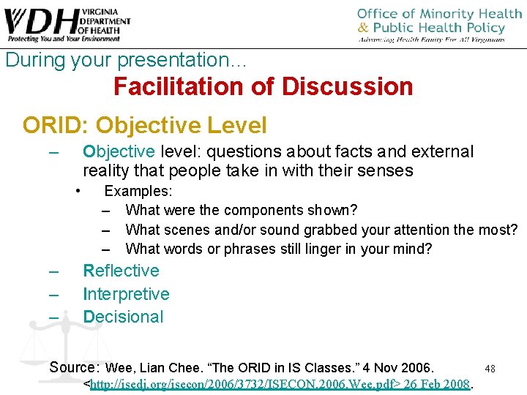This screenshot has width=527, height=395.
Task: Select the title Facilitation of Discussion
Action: coord(263,87)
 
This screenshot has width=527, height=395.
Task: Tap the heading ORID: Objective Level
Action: coord(144,125)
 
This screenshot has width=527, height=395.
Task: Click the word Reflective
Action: coord(121,271)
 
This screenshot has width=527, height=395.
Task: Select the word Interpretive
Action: coord(126,294)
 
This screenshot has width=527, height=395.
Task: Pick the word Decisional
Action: coord(123,317)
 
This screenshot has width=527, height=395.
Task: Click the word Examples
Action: coord(138,192)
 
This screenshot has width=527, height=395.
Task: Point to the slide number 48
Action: coord(490,369)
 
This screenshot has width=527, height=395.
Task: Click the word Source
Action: coord(75,366)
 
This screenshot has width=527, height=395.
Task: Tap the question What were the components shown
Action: coord(242,211)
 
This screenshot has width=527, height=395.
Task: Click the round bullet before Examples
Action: coord(77,191)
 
